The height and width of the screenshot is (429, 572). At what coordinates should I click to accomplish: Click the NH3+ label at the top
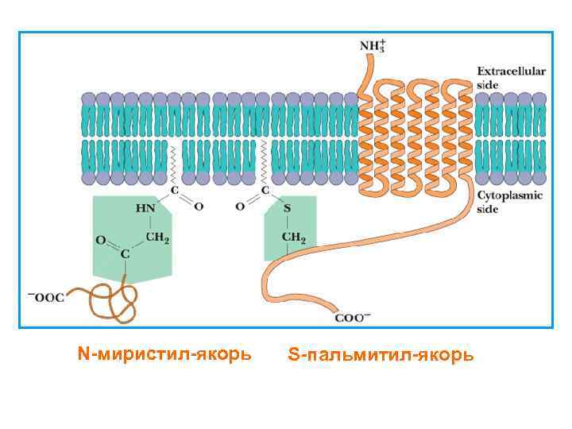pyautogui.click(x=373, y=44)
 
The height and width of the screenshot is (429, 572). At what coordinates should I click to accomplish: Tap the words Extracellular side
pyautogui.click(x=511, y=77)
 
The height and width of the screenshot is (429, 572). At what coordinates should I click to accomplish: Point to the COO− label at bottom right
pyautogui.click(x=353, y=318)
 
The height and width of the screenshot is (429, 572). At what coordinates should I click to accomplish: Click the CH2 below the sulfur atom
pyautogui.click(x=294, y=237)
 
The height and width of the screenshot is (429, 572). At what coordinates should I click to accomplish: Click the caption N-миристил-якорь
pyautogui.click(x=164, y=352)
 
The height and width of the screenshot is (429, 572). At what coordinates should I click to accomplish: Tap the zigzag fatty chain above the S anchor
pyautogui.click(x=263, y=163)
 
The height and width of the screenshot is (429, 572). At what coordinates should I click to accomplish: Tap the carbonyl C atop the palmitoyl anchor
pyautogui.click(x=264, y=191)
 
